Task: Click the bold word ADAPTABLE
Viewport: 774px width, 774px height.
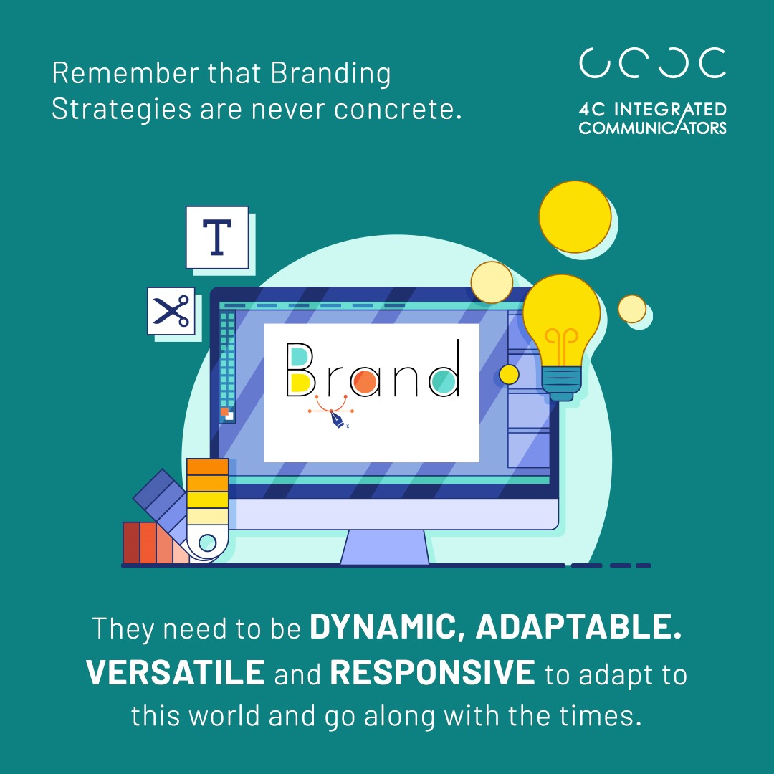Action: click(578, 629)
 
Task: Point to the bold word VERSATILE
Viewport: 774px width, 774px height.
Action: click(176, 673)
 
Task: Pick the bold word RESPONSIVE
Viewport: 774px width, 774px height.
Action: click(433, 673)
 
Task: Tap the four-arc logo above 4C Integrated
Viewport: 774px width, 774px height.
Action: click(652, 63)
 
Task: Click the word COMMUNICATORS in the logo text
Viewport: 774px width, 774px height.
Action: click(652, 128)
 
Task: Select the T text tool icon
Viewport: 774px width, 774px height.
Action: click(216, 237)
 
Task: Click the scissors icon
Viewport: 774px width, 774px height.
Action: click(171, 311)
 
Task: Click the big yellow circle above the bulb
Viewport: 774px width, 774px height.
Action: click(575, 216)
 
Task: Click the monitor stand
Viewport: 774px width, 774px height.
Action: click(385, 548)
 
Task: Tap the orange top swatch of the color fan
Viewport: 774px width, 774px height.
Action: click(207, 466)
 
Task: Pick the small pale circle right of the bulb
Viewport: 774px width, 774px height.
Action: click(631, 309)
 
